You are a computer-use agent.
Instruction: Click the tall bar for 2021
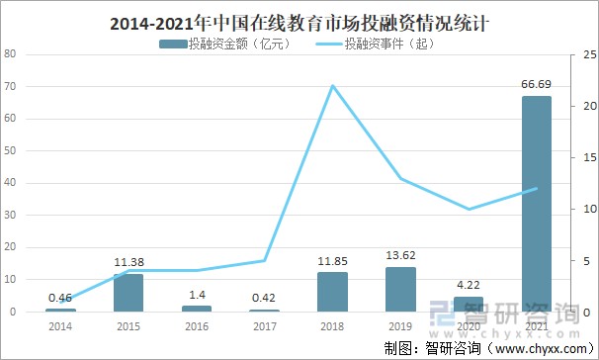tap(536, 204)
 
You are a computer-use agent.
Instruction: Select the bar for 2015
tap(128, 293)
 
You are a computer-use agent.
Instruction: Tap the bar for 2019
tap(400, 290)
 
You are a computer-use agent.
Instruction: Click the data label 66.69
tap(536, 86)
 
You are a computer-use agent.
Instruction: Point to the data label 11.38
tap(128, 263)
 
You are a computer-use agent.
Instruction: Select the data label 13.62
tap(400, 256)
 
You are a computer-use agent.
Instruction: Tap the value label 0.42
tap(264, 299)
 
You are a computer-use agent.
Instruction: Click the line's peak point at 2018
tap(332, 85)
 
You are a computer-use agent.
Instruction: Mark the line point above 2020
tap(468, 209)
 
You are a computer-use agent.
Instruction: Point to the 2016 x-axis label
tap(197, 325)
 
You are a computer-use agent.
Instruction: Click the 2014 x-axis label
tap(60, 325)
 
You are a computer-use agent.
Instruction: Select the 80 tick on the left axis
tap(10, 54)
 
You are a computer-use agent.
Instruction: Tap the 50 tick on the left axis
tap(10, 151)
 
